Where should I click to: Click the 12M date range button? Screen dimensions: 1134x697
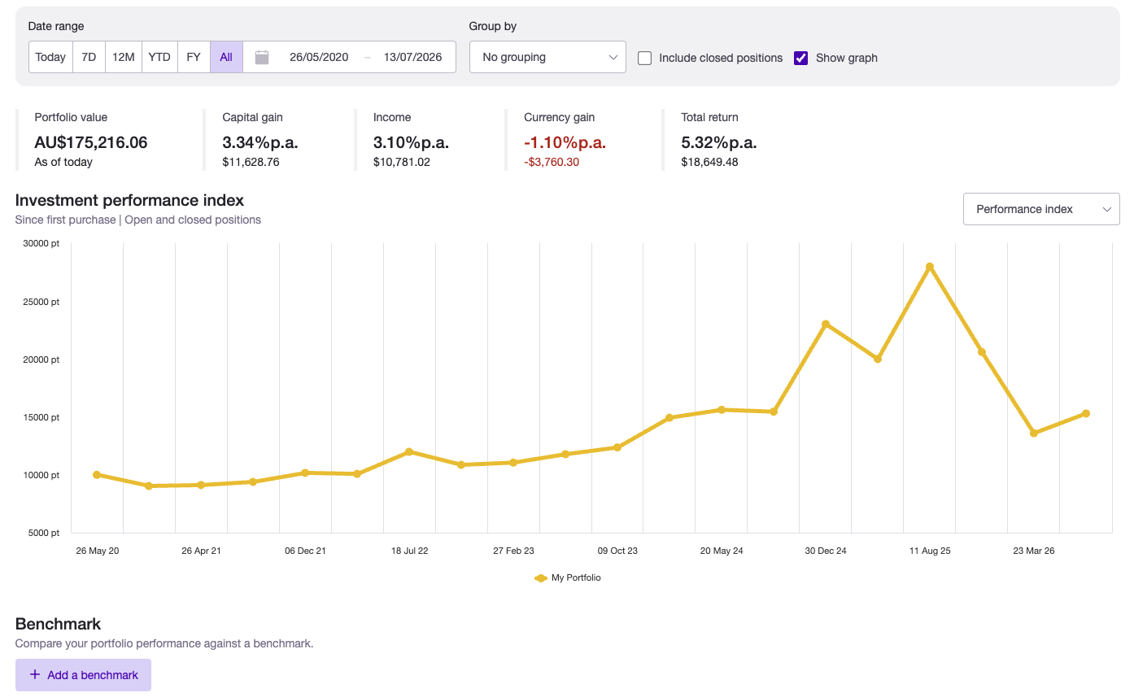click(x=123, y=57)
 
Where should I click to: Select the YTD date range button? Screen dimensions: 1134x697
click(x=159, y=57)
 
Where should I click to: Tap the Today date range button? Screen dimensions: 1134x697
click(x=50, y=57)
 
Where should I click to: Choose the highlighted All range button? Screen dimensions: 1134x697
click(x=226, y=57)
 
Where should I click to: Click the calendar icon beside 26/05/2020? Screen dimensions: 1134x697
click(x=262, y=57)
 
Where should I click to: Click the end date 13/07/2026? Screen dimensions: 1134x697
click(x=412, y=57)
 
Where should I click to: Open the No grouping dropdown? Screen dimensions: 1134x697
click(x=547, y=57)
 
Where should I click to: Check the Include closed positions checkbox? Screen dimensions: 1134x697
click(x=644, y=59)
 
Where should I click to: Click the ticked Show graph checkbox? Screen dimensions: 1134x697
click(x=801, y=59)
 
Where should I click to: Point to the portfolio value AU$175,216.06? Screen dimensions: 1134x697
click(x=91, y=143)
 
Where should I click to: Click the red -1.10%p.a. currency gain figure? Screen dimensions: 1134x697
click(x=565, y=143)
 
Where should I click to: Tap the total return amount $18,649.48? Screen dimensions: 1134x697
click(x=709, y=162)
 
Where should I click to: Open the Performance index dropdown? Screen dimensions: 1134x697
click(x=1041, y=209)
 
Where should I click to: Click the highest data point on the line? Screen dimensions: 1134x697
click(x=930, y=267)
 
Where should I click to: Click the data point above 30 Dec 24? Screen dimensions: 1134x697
click(x=826, y=324)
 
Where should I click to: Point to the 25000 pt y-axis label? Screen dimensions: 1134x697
click(x=41, y=302)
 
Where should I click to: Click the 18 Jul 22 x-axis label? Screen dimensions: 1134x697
click(x=409, y=551)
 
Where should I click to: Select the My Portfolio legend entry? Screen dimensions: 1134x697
click(x=568, y=577)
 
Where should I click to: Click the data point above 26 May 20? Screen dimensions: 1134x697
click(x=97, y=475)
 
